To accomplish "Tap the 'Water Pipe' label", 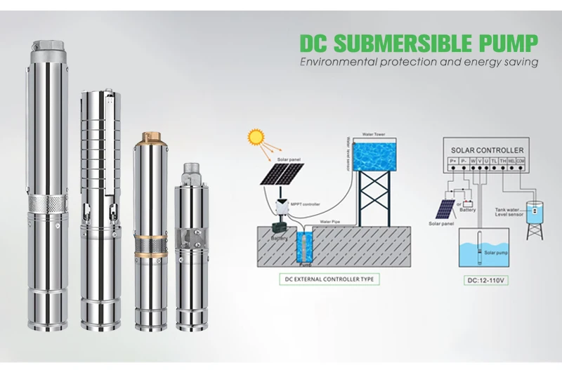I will tap(332, 222).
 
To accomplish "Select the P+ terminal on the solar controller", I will tap(452, 160).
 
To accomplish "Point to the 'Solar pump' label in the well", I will tap(497, 251).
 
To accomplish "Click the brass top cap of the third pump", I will tap(152, 136).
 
